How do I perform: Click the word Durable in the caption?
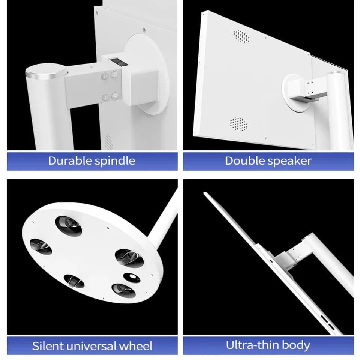[70, 161]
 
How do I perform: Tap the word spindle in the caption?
[115, 161]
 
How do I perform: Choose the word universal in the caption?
[92, 346]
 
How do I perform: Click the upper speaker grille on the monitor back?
[241, 37]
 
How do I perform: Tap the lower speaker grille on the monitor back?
[239, 124]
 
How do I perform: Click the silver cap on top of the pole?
[46, 71]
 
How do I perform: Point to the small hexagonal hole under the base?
[132, 277]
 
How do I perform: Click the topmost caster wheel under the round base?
[69, 225]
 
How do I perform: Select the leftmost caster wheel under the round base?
[41, 247]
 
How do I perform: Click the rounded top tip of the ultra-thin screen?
[205, 193]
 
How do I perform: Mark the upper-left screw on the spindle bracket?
[105, 76]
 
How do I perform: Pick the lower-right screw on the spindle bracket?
[115, 96]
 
